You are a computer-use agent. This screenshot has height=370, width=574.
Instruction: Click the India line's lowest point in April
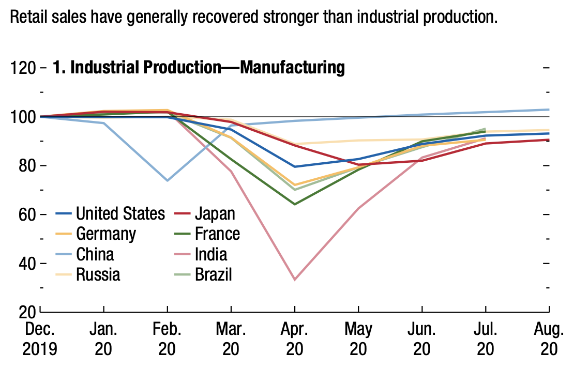(295, 280)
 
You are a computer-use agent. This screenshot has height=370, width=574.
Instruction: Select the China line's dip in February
(168, 180)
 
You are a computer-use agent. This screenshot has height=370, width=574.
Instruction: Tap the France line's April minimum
(295, 204)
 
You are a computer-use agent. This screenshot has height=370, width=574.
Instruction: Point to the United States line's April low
(295, 166)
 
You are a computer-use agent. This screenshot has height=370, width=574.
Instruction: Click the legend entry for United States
(120, 213)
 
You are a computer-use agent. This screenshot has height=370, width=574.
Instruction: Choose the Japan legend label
(215, 213)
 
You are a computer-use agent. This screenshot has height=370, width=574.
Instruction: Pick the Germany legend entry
(106, 234)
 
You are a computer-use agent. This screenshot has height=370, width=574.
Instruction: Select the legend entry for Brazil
(213, 274)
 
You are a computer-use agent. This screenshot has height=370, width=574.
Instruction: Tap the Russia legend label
(98, 274)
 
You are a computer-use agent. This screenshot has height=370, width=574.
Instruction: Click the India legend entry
(211, 254)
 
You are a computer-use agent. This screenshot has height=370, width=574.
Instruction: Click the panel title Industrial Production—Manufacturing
(199, 68)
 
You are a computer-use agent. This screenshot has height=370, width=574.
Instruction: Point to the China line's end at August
(549, 110)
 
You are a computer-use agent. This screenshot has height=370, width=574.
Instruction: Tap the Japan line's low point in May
(358, 165)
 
